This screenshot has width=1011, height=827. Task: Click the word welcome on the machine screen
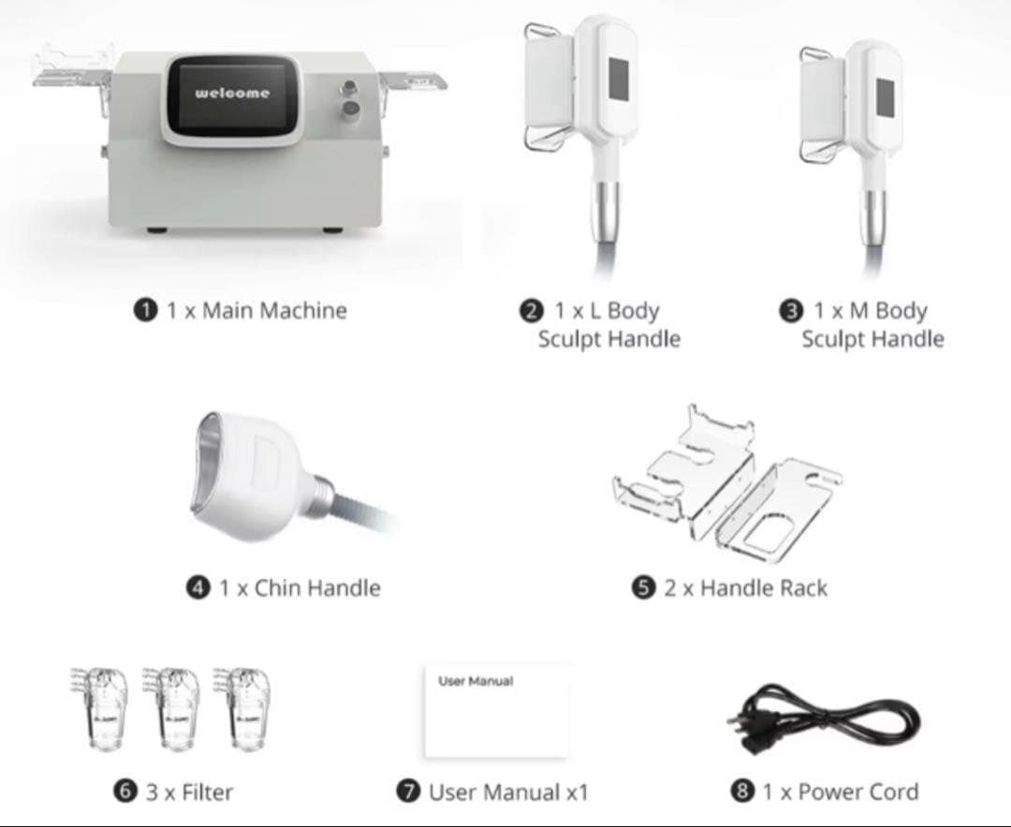(232, 93)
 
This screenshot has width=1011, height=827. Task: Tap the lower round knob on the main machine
(351, 109)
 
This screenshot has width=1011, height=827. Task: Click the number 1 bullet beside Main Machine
(146, 310)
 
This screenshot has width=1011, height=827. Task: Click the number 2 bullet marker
(532, 311)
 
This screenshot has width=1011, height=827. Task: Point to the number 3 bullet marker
(790, 311)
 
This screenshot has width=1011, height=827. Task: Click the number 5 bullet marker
(643, 587)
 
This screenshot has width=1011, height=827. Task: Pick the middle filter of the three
(172, 708)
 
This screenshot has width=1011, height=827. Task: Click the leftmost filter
(100, 708)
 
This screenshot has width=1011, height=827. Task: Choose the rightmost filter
(243, 708)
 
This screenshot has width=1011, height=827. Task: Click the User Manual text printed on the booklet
(476, 681)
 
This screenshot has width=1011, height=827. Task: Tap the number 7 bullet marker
(408, 791)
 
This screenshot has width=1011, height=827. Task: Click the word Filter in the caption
(207, 791)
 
